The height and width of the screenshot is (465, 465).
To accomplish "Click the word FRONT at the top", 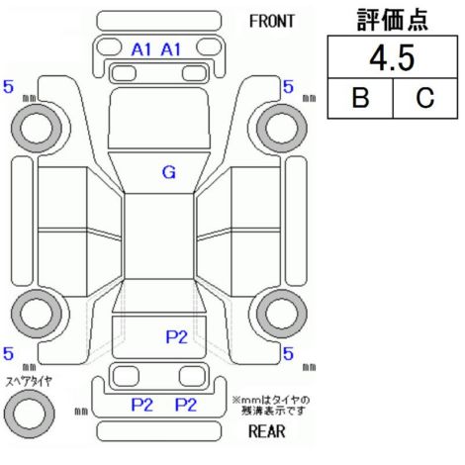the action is (x=272, y=22).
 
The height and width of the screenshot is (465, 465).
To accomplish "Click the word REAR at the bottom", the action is (x=267, y=431).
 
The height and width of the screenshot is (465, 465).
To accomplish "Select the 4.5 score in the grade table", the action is (x=392, y=58).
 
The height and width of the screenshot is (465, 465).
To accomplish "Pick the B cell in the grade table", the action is (x=360, y=98).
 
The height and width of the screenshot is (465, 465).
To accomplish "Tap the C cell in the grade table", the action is (x=424, y=98).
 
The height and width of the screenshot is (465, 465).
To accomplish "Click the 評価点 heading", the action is (x=393, y=20).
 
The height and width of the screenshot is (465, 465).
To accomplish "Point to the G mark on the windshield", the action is (x=169, y=172).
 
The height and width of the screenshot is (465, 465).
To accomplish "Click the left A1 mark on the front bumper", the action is (x=140, y=49).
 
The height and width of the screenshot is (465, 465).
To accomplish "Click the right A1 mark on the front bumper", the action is (x=171, y=49).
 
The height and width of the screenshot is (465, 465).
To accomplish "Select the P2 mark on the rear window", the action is (x=176, y=336).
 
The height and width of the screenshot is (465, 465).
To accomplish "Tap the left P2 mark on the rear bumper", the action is (x=142, y=405).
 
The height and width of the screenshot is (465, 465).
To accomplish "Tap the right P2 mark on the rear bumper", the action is (x=186, y=405).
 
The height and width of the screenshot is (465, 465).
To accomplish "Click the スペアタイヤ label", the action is (x=29, y=382).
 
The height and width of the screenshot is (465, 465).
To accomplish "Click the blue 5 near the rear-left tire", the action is (x=8, y=353).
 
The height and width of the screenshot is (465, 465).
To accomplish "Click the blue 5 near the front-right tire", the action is (x=288, y=87).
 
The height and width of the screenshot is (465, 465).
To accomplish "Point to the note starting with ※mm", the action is (x=271, y=406).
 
